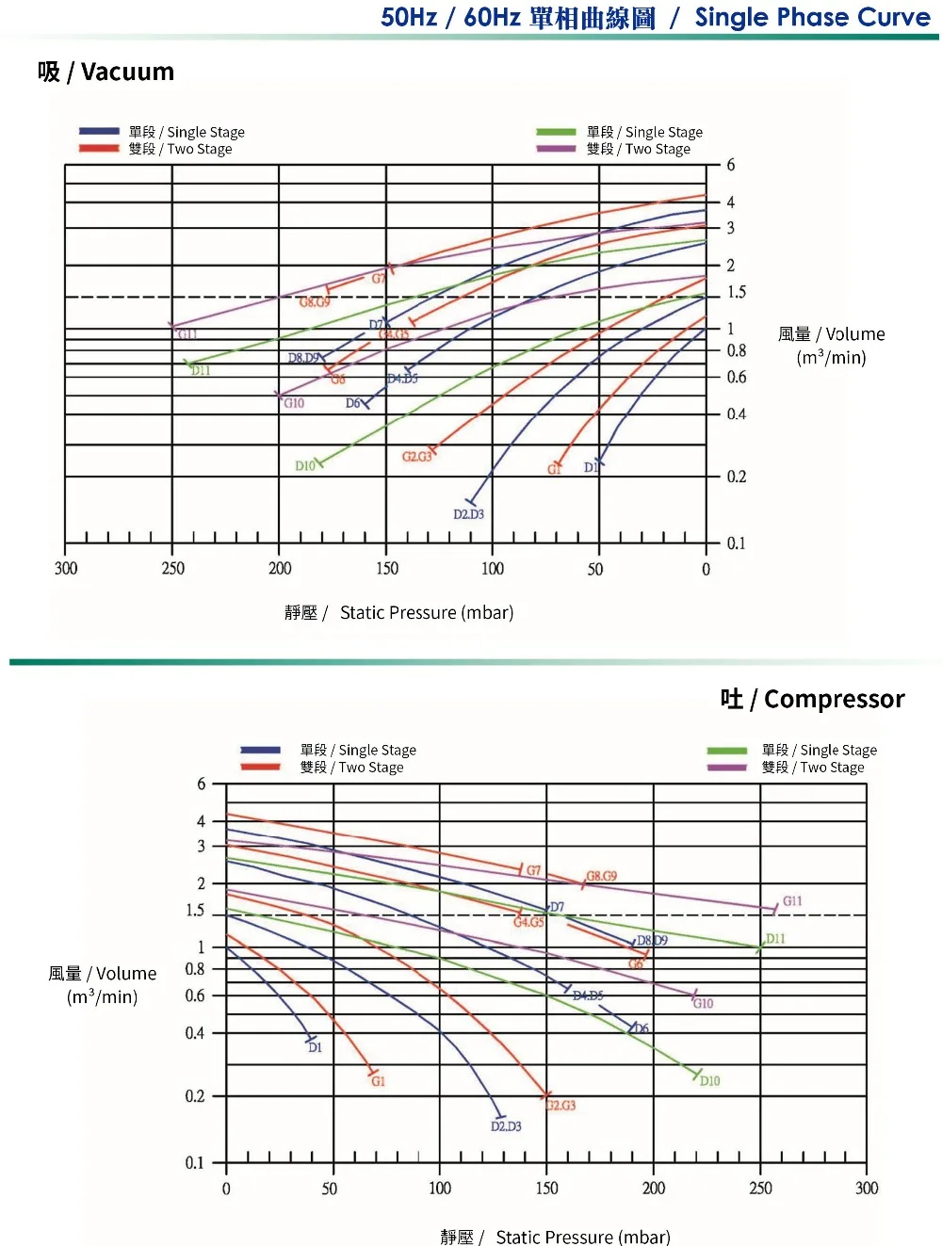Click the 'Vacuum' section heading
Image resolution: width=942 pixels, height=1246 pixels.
106,73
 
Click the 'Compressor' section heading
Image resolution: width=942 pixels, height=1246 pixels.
812,699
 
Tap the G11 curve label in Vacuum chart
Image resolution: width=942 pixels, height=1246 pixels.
187,334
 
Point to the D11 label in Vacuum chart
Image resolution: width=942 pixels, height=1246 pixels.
201,371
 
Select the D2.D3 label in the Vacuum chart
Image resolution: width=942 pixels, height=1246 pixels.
468,514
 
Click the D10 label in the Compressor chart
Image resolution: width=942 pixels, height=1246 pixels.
709,1081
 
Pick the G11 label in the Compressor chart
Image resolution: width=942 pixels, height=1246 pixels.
792,901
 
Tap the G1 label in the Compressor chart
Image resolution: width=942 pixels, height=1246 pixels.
378,1081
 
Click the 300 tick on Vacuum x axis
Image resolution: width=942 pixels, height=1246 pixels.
66,569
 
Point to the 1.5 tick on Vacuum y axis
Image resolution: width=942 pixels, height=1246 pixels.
736,292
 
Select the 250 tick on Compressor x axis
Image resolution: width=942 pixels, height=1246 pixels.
760,1189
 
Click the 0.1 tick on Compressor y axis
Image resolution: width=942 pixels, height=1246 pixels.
194,1163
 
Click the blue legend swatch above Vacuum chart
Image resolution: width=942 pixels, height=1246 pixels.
99,132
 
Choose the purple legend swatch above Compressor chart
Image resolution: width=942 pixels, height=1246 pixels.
726,768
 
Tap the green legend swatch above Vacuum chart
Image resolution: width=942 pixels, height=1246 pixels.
556,132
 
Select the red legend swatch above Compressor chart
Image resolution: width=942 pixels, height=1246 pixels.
260,768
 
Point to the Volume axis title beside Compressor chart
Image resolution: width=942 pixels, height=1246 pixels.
102,984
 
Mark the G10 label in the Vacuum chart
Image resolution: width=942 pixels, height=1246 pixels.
294,403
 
